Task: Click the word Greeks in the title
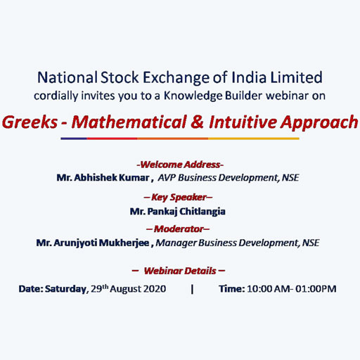pos(30,122)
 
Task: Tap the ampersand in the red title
pos(197,122)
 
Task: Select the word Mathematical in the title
pos(129,122)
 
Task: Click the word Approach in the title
pos(319,123)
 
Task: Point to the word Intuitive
pos(243,122)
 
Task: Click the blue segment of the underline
pos(74,139)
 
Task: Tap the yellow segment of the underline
pos(254,139)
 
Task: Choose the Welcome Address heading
pos(180,165)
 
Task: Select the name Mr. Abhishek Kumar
pos(103,178)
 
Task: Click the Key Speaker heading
pos(178,198)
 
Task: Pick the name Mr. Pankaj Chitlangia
pos(178,212)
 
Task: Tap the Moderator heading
pos(178,229)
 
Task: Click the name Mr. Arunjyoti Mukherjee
pos(93,243)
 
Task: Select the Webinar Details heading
pos(179,271)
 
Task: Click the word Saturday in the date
pos(65,289)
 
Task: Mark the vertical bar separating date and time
pos(193,289)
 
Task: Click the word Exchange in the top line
pos(176,78)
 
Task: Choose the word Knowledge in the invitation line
pos(193,96)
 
